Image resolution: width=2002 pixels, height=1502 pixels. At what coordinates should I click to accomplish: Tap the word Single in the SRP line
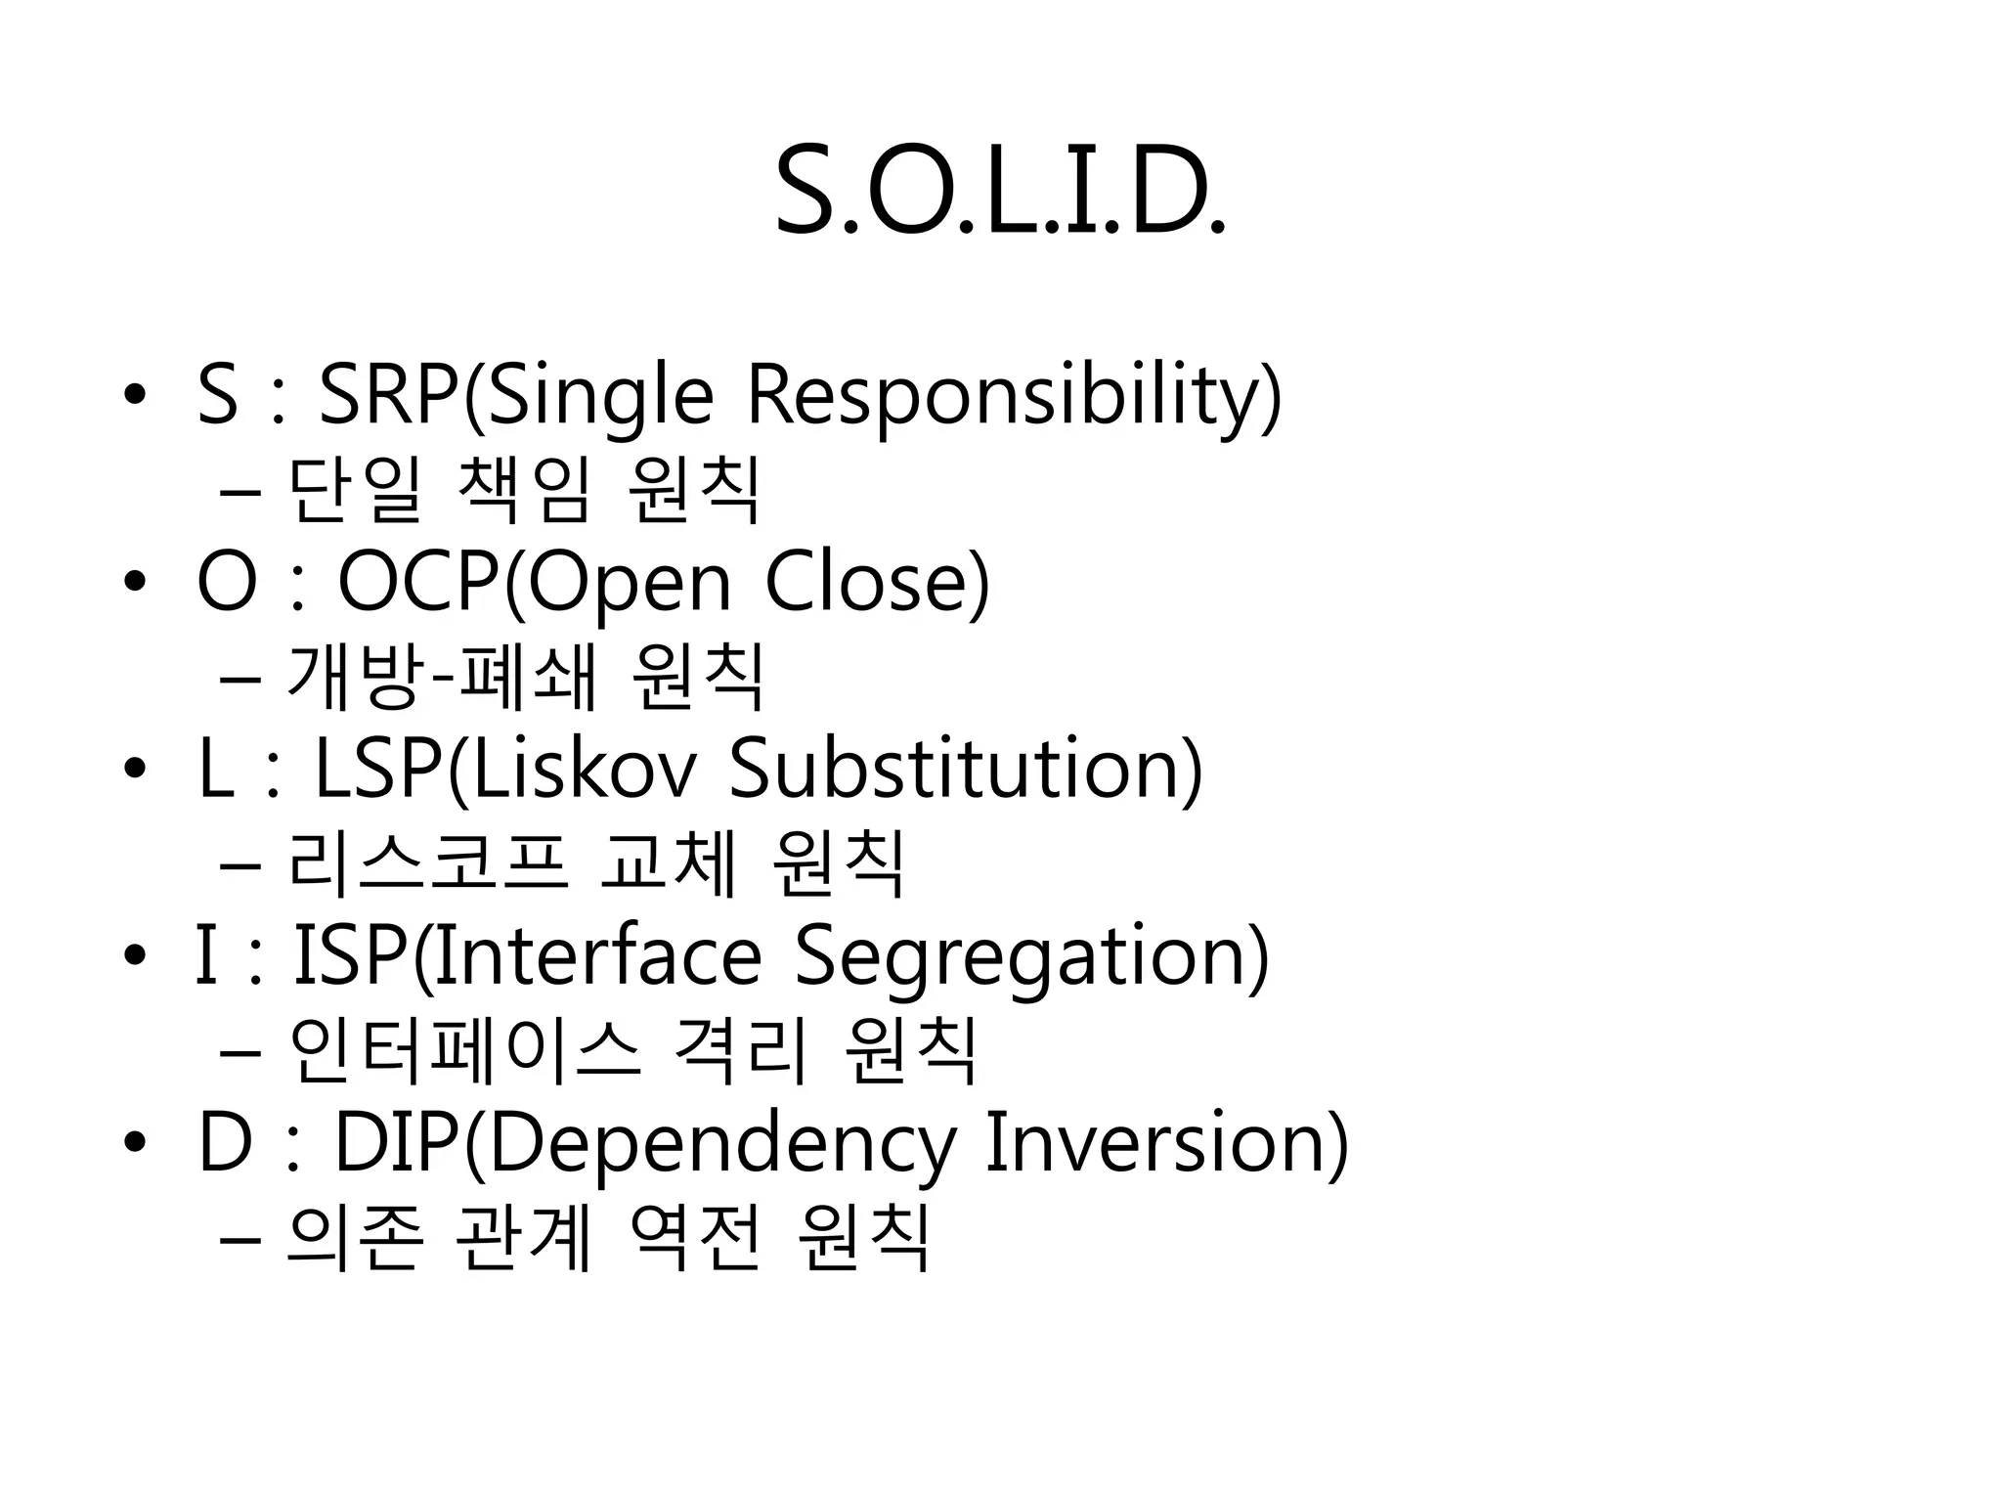click(x=600, y=396)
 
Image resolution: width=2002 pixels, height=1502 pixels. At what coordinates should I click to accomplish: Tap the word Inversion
click(x=1165, y=1141)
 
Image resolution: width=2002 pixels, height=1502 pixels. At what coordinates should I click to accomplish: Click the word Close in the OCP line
click(x=876, y=583)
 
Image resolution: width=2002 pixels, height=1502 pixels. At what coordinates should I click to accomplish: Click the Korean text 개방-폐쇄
click(x=442, y=677)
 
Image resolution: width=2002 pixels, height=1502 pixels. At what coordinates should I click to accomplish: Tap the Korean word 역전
click(x=695, y=1238)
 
